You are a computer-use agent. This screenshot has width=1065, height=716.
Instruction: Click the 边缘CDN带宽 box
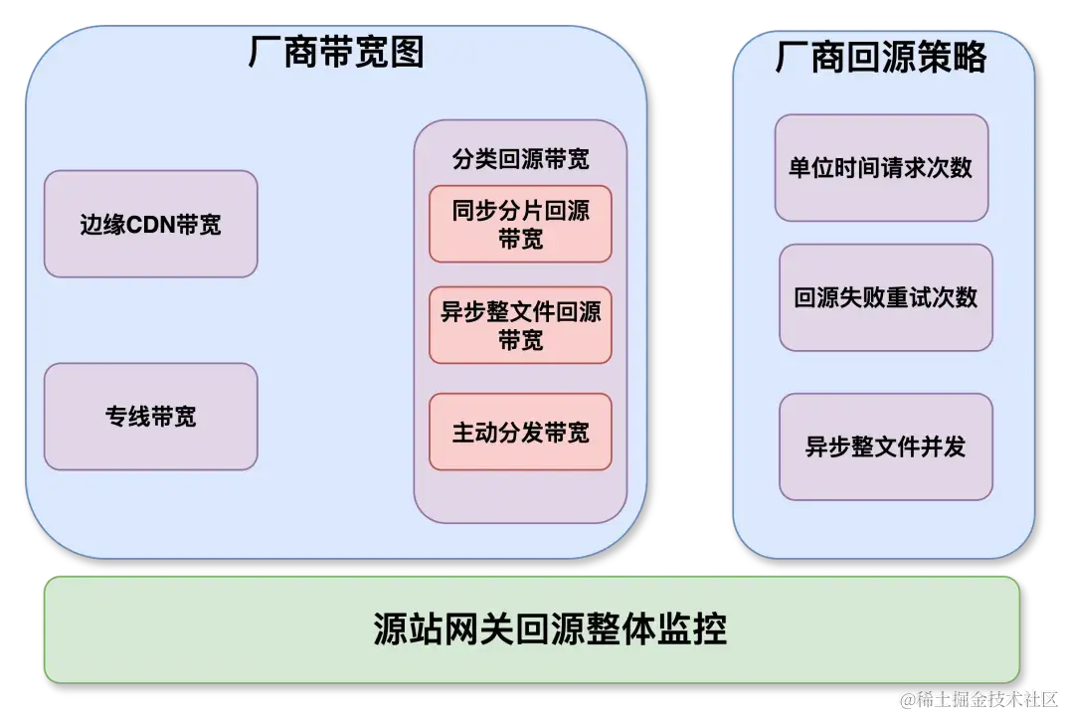pos(150,224)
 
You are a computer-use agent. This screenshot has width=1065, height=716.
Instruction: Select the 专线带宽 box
pos(150,416)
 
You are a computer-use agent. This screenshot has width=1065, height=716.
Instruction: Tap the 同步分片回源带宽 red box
pos(520,224)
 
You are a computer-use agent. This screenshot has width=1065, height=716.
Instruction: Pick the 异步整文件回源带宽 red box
pos(520,325)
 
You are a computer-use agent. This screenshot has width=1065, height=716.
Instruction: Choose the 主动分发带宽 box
pos(520,432)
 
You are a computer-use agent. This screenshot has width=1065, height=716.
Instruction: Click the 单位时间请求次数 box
pos(881,167)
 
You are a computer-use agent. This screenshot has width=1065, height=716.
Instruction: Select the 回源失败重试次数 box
pos(885,297)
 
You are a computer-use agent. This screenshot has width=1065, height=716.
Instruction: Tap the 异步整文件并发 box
pos(885,447)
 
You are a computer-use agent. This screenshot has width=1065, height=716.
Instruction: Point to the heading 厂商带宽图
pos(336,52)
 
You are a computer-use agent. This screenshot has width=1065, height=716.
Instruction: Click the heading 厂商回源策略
pos(881,58)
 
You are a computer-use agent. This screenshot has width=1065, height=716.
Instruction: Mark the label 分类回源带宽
pos(520,158)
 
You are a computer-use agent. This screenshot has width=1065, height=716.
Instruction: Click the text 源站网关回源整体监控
pos(550,628)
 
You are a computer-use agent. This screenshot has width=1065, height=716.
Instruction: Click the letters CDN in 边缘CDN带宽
pos(151,225)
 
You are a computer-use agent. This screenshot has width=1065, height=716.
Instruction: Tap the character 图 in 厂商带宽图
pos(407,52)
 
